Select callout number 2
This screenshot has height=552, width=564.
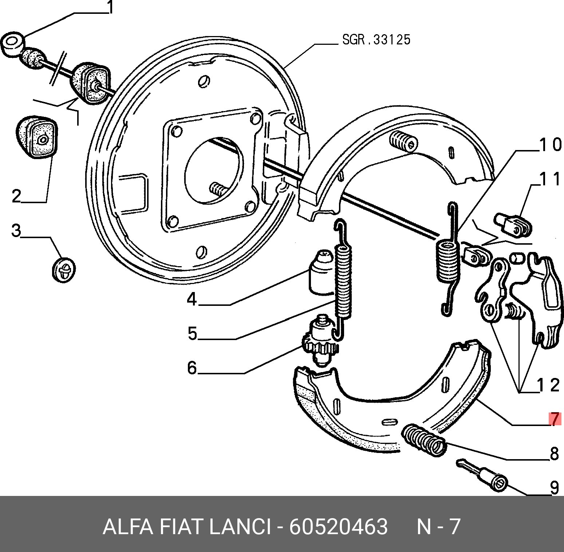[x=17, y=196]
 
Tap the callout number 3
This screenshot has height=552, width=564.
[x=16, y=230]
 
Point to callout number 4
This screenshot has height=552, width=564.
[x=192, y=299]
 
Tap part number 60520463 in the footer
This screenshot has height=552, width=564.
[x=339, y=527]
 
